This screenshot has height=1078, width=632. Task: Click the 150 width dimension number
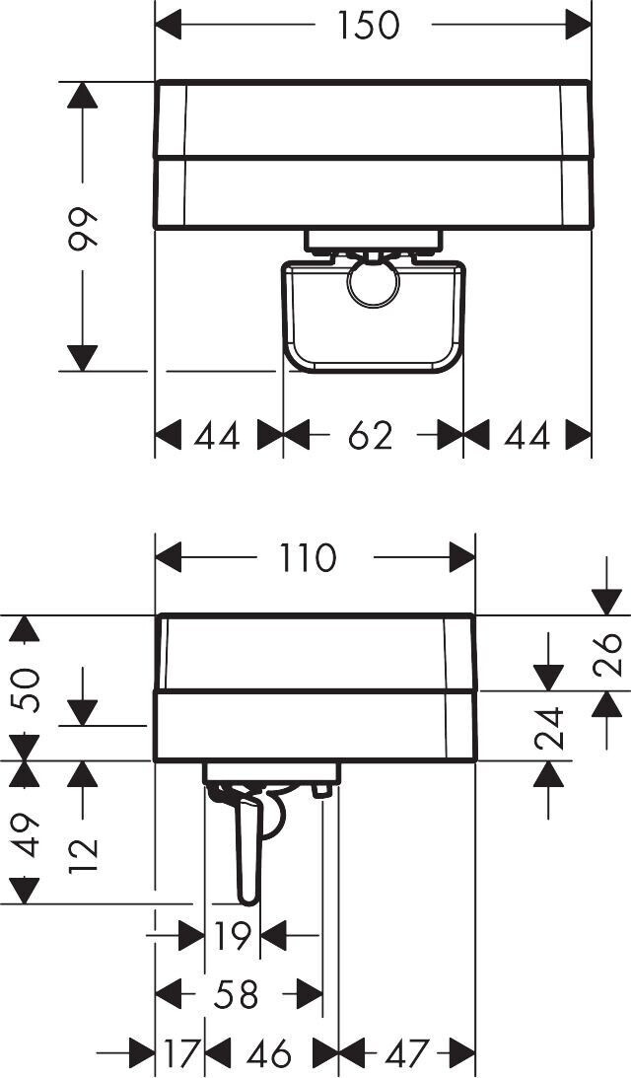(369, 25)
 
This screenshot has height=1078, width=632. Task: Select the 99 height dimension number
(84, 228)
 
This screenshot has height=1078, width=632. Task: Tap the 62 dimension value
(370, 435)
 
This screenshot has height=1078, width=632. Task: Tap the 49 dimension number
(27, 834)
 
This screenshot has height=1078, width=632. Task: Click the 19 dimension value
(233, 936)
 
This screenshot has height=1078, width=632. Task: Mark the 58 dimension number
(236, 994)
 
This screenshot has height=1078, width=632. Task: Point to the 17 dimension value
(179, 1054)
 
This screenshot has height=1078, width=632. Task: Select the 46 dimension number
(269, 1054)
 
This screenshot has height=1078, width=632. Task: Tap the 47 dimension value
(405, 1054)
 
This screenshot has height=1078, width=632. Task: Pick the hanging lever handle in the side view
(246, 848)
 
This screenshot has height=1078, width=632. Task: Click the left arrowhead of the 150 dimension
(170, 25)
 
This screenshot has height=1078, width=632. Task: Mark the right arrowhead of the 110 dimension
(462, 558)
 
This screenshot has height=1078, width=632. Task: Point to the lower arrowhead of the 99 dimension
(84, 357)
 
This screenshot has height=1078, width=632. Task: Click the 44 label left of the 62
(216, 435)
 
